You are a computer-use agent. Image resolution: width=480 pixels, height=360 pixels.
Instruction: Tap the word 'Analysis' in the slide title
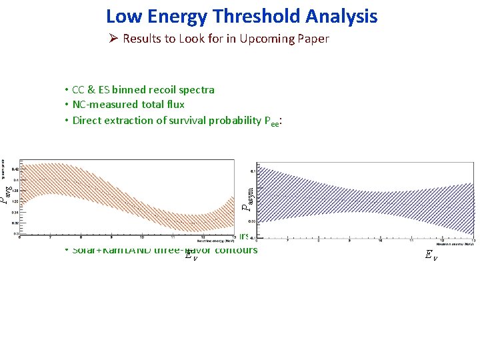[344, 16]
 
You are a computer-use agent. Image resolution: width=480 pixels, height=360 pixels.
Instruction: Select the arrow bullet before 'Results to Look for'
[114, 39]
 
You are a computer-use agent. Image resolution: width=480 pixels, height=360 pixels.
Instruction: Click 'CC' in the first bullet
[80, 89]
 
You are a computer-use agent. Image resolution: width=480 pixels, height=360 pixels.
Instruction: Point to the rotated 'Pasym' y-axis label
[247, 197]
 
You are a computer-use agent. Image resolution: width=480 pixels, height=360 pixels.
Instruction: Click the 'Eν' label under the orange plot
[191, 253]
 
